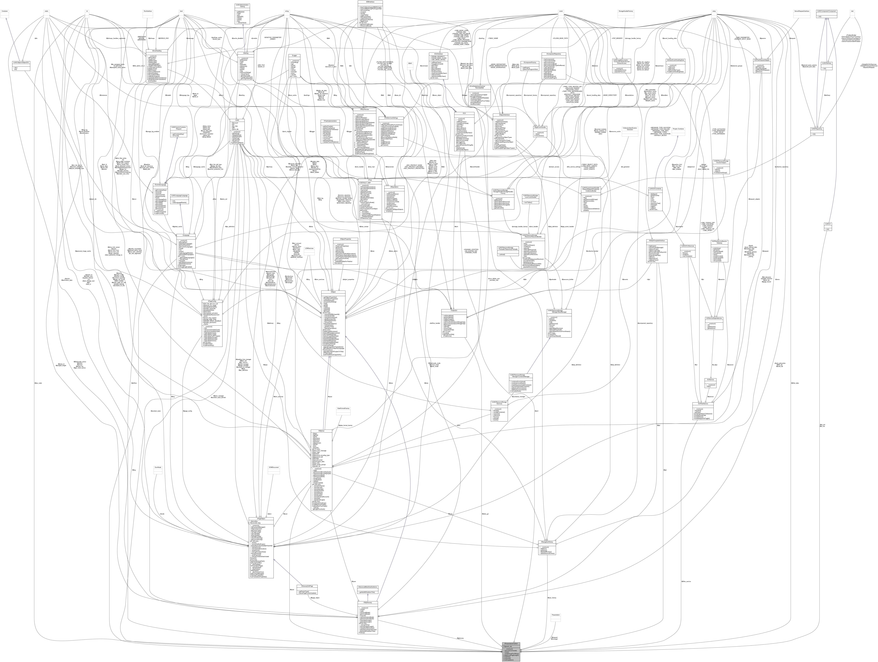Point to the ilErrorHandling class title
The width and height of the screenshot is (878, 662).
[x=157, y=51]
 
